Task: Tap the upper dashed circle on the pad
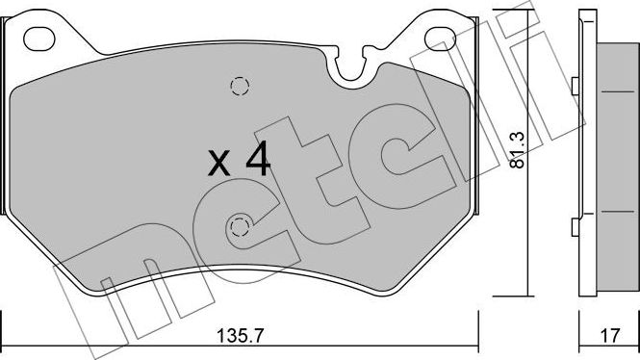(x=240, y=86)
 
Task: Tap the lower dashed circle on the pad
(x=239, y=227)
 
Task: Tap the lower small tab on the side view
(x=575, y=227)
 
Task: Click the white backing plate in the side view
(x=585, y=154)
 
